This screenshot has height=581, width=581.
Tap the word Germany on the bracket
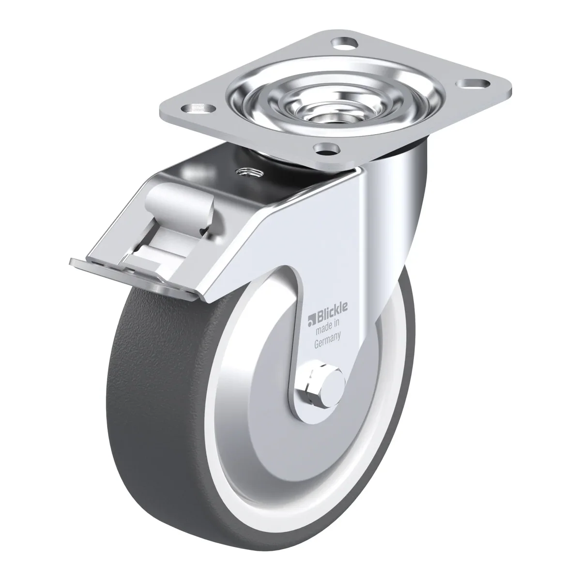pos(328,340)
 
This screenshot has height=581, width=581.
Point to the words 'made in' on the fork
pos(328,326)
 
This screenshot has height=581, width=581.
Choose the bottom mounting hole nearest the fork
pos(326,148)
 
